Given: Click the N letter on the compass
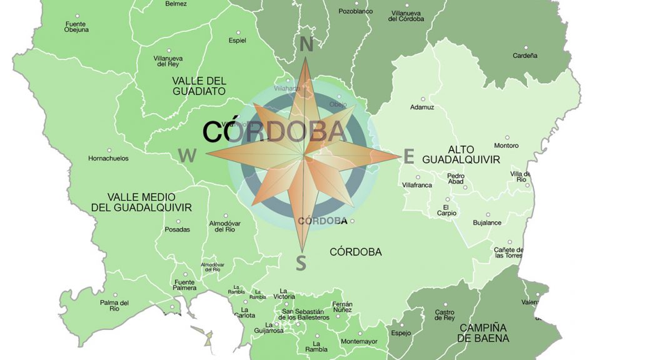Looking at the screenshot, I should (x=306, y=45).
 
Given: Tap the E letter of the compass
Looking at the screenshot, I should (x=408, y=157).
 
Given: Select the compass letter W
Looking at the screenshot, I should (x=187, y=156).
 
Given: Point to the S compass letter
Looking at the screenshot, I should (x=301, y=263).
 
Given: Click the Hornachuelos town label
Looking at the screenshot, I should (x=108, y=159).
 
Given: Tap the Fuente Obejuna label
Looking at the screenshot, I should (x=76, y=27).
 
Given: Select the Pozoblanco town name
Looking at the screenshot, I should (x=355, y=11).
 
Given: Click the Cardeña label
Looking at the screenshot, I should (x=525, y=56).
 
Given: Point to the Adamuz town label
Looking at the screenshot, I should (x=422, y=107).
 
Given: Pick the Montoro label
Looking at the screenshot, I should (x=506, y=146).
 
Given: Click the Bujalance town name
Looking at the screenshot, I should (x=486, y=222).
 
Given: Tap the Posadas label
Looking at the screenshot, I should (x=178, y=229).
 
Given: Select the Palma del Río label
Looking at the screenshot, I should (x=114, y=306).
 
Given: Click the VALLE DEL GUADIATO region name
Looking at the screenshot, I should (x=199, y=86).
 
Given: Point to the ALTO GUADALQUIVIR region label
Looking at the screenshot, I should (x=461, y=154).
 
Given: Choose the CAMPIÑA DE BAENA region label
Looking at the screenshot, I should (x=483, y=333).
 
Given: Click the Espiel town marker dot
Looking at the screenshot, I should (x=238, y=31).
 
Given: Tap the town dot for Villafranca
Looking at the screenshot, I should (x=418, y=177).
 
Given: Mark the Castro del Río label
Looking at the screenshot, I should (x=445, y=315).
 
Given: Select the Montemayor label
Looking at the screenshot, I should (x=360, y=341).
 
